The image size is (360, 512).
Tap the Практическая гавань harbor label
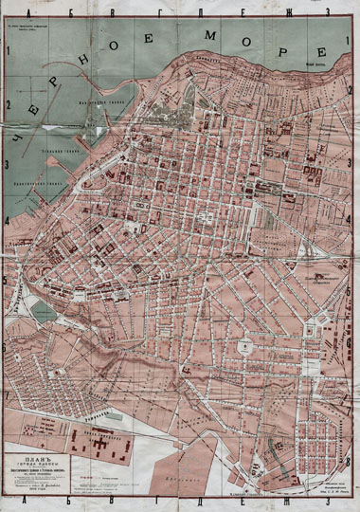(47, 184)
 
